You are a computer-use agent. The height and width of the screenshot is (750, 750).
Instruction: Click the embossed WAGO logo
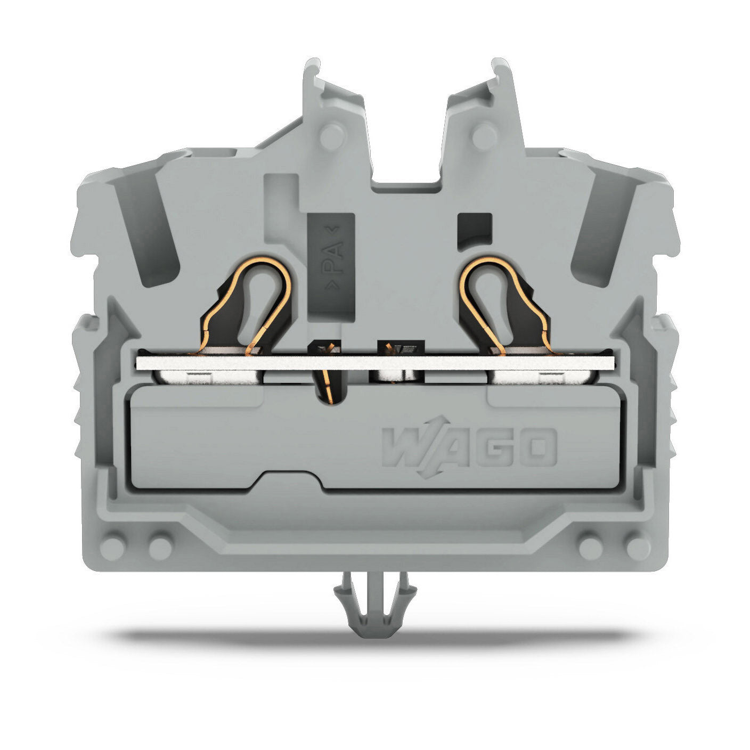(469, 447)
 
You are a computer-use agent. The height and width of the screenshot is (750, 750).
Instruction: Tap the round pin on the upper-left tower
(332, 136)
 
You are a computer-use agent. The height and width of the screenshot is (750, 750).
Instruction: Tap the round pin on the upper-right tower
(484, 136)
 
